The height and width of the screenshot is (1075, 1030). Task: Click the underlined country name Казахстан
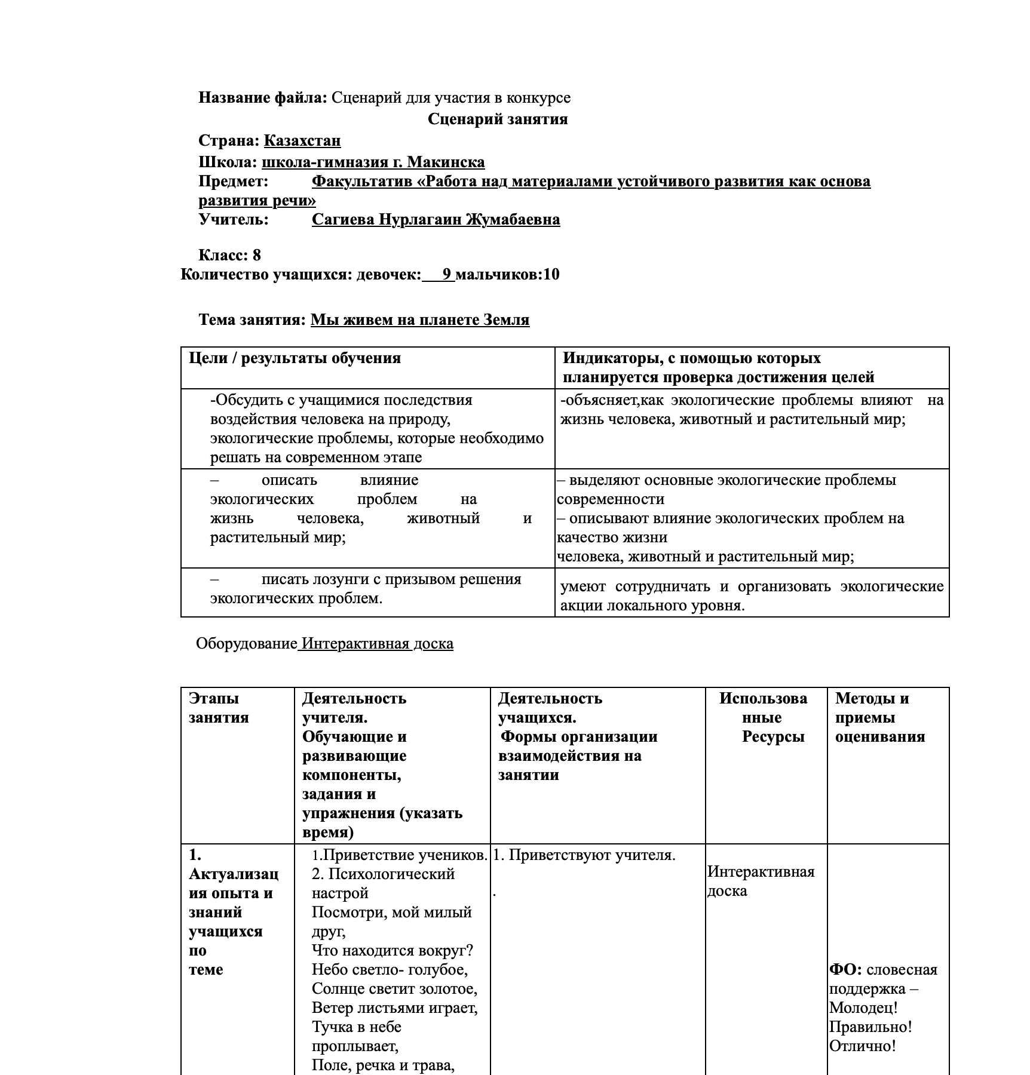302,141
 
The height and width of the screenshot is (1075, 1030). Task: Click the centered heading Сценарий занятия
498,119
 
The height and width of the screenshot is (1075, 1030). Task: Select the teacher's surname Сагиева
344,220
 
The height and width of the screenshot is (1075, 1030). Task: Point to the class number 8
256,256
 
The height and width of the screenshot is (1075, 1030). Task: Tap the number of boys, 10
551,275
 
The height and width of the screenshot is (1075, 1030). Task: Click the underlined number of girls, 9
447,275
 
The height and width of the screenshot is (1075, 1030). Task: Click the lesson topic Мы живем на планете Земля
419,320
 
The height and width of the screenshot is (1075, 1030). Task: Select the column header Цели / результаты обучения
295,358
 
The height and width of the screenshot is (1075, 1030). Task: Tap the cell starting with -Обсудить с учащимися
376,428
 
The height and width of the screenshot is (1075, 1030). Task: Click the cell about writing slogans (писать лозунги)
366,589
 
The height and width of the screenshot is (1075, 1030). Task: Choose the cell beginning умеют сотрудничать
752,596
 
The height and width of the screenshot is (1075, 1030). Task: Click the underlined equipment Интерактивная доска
376,644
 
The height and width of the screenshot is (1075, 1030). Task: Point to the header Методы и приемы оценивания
879,717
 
